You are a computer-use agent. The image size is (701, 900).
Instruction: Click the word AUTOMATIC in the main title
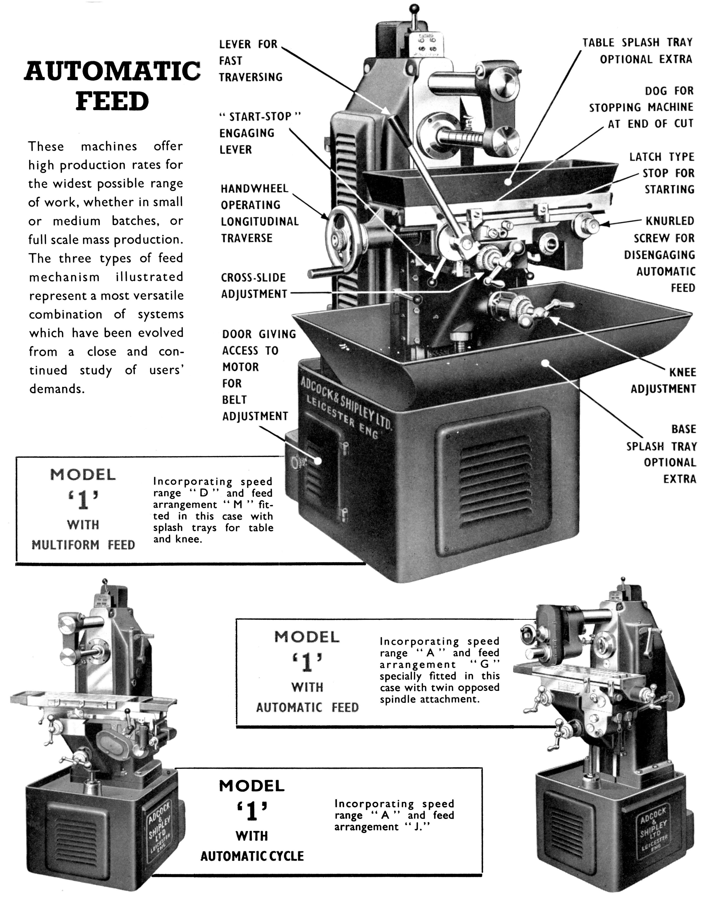tap(112, 71)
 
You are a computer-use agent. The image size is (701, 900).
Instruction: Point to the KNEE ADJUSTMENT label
tap(663, 380)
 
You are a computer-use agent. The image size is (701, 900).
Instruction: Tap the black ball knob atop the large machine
tap(413, 8)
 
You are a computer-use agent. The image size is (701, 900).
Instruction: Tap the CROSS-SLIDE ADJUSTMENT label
tap(254, 285)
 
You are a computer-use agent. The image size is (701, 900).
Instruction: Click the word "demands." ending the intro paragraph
tap(57, 389)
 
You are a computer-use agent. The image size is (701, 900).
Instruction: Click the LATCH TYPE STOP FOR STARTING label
tap(662, 173)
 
